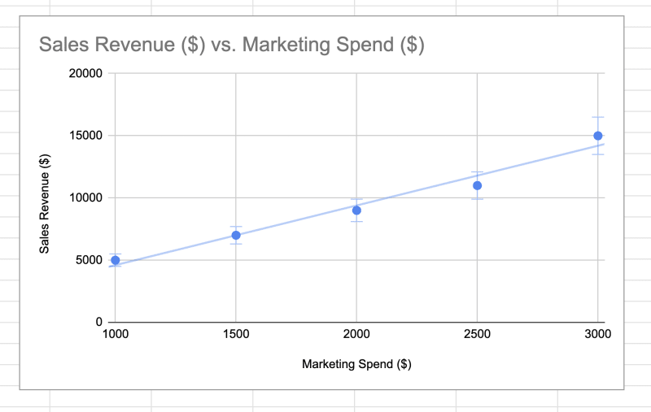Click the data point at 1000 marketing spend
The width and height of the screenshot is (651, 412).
115,260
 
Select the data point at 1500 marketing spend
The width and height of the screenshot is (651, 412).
236,235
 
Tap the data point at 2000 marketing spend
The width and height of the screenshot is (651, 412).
356,210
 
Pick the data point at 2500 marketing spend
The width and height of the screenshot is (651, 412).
477,185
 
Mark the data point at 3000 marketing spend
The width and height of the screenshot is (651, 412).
598,136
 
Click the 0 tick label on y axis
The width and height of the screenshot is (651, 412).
98,323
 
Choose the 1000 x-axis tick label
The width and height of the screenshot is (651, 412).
115,335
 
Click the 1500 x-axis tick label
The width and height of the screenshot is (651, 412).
236,335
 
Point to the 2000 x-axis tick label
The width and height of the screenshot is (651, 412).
356,335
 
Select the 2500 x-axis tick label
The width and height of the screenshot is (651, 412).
477,335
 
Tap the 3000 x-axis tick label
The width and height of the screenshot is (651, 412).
598,335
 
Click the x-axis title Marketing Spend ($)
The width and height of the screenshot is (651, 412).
356,364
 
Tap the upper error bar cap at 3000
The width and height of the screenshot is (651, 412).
598,117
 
